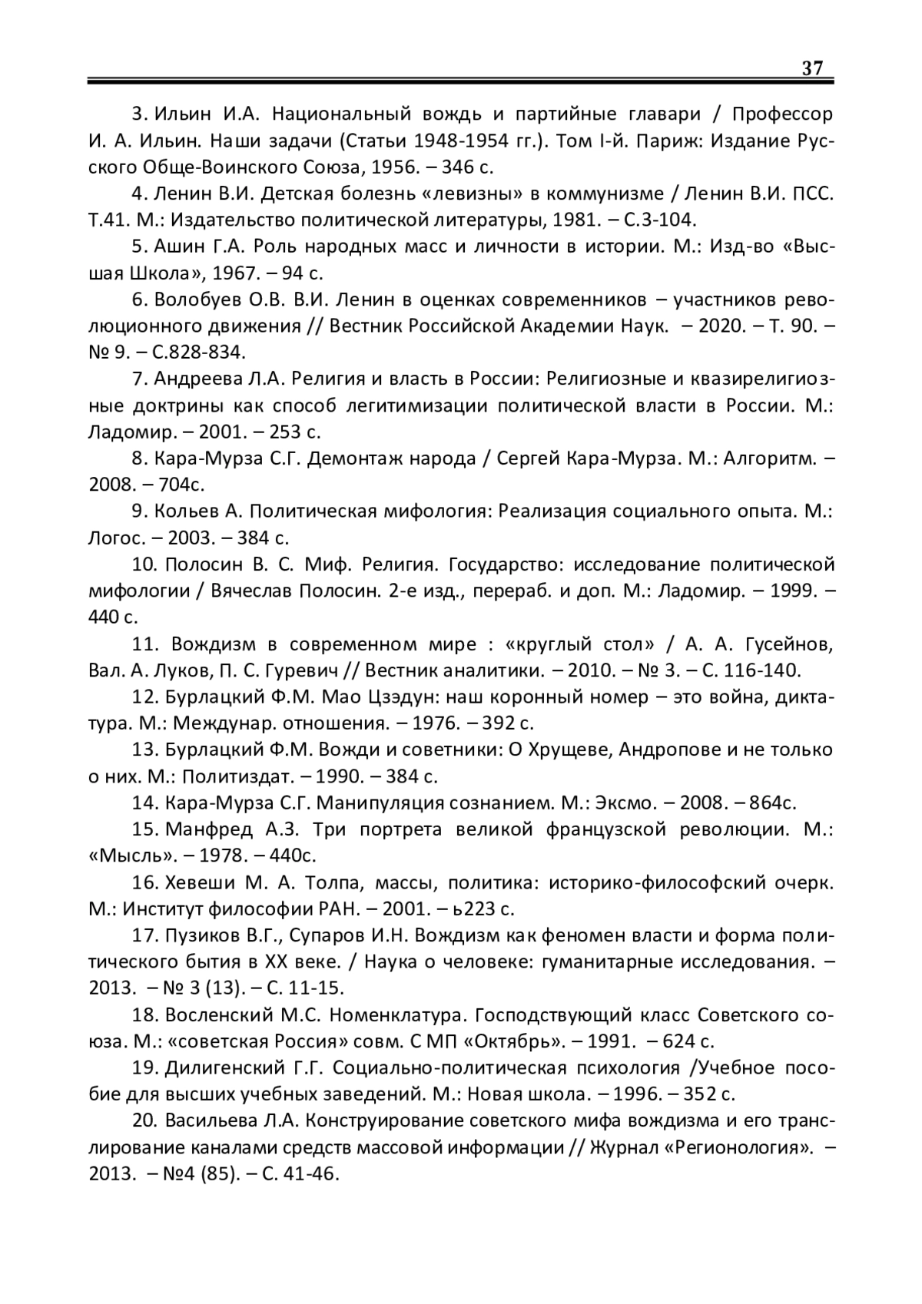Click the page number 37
coord(812,68)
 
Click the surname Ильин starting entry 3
coord(182,115)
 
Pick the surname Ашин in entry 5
coord(182,247)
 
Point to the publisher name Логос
coord(114,538)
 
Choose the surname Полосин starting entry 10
coord(204,565)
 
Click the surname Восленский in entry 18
coord(219,1015)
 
